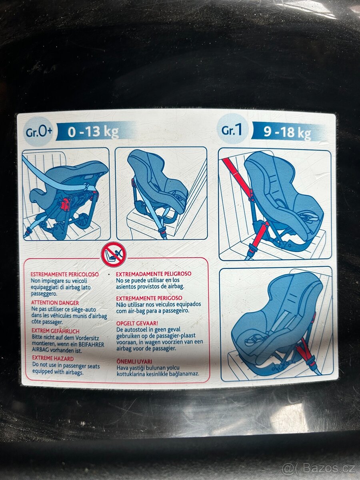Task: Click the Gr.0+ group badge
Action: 39,132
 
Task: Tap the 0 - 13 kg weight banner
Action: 94,132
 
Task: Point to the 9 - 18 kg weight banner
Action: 288,132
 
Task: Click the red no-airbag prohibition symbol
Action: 114,254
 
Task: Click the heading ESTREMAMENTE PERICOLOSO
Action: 65,274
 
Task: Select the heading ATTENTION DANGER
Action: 55,303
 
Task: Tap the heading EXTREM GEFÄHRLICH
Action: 56,331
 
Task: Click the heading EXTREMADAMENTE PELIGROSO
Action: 154,274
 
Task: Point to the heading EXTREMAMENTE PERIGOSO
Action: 149,298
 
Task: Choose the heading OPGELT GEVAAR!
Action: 137,324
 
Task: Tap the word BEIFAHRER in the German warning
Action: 91,344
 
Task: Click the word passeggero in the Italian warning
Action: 44,294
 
